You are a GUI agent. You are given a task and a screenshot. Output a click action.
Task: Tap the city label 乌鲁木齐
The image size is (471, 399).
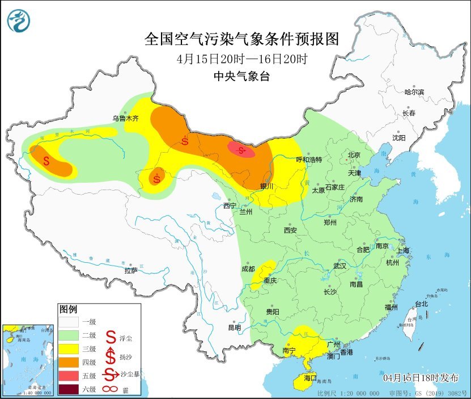pyautogui.click(x=125, y=119)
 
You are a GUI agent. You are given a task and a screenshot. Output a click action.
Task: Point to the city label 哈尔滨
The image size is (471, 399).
pyautogui.click(x=414, y=92)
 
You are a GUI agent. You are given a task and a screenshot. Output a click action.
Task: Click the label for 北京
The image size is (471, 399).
pyautogui.click(x=354, y=154)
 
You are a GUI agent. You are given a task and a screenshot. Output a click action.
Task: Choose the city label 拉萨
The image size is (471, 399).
pyautogui.click(x=131, y=271)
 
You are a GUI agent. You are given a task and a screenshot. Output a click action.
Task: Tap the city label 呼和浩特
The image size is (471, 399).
pyautogui.click(x=309, y=160)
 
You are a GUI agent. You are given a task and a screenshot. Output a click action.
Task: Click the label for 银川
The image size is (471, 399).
pyautogui.click(x=266, y=186)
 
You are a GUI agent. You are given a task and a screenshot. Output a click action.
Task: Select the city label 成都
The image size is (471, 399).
pyautogui.click(x=248, y=269)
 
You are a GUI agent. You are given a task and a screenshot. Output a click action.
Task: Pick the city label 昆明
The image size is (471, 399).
pyautogui.click(x=234, y=327)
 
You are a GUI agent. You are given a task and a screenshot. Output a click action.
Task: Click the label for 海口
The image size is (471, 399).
pyautogui.click(x=310, y=377)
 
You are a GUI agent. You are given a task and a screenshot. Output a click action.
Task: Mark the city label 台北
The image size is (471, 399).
pyautogui.click(x=422, y=304)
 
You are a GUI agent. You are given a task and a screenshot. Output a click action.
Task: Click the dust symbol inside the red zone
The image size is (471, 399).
pyautogui.click(x=242, y=150)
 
